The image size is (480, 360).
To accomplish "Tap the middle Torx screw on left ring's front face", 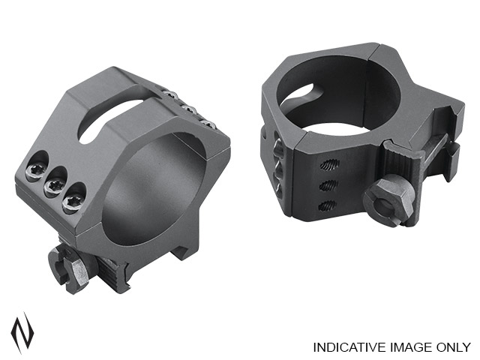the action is click(x=54, y=184).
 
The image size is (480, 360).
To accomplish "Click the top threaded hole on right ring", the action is click(x=329, y=165).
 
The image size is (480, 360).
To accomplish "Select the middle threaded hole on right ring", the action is click(x=328, y=184).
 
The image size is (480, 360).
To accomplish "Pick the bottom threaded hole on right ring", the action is click(x=327, y=205).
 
